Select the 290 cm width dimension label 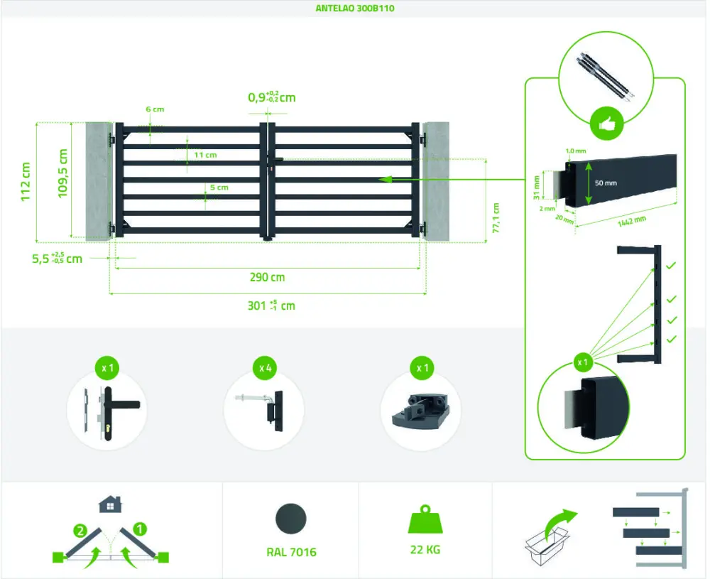267,278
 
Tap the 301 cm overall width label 271,306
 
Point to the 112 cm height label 26,182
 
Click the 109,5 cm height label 63,173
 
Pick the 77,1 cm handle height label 496,217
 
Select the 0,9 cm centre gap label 271,97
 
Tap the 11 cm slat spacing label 205,154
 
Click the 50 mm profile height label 606,183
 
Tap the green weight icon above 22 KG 425,520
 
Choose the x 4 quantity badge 264,369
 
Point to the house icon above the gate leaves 109,504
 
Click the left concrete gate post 99,180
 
